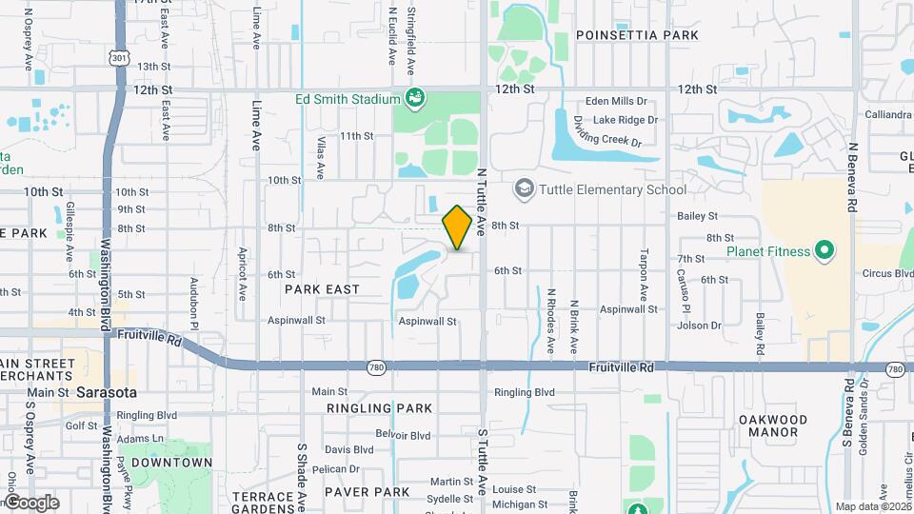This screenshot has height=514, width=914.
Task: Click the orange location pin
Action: coord(457,227)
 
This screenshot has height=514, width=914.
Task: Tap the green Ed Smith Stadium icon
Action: coord(414,97)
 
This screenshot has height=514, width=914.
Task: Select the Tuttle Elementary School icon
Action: coord(524,188)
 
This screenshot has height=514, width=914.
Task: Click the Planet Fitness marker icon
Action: coord(825,252)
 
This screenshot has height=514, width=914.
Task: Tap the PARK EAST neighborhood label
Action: coord(322,288)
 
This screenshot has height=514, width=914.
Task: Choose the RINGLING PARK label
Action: coord(366,408)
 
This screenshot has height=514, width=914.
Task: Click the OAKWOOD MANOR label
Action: coord(773,425)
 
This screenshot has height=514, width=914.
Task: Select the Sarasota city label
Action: coord(107,392)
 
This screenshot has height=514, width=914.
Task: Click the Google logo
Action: coord(30,502)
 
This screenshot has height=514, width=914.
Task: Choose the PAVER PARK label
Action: coord(367,492)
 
